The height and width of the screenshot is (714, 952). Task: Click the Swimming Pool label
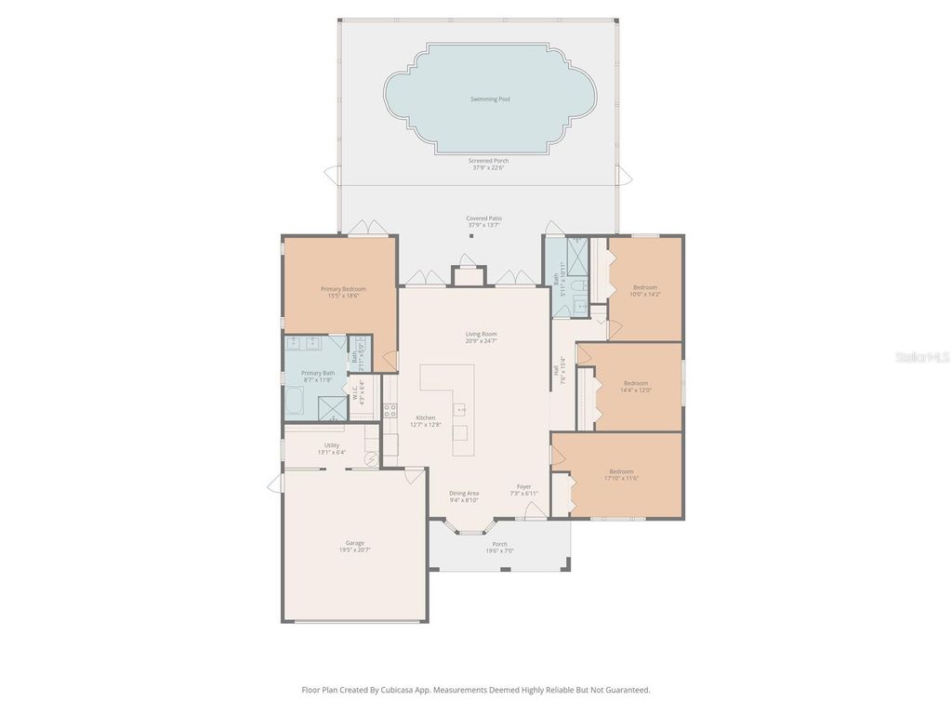click(x=489, y=99)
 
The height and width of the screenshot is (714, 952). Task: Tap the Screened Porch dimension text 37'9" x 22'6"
click(x=488, y=168)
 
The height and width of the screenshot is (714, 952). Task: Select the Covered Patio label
click(x=483, y=218)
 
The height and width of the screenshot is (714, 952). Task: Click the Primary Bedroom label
click(x=343, y=289)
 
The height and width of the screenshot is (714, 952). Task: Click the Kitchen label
click(x=425, y=417)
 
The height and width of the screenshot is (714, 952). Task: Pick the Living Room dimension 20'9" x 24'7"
click(x=482, y=341)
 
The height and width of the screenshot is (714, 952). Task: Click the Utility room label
click(x=332, y=445)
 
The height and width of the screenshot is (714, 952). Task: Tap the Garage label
click(x=354, y=543)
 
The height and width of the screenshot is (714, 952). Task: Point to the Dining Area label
click(x=464, y=493)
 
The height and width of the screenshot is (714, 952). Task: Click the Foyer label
click(x=523, y=486)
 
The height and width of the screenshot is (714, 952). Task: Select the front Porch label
click(x=499, y=544)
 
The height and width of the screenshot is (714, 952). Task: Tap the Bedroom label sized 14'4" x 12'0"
click(x=636, y=383)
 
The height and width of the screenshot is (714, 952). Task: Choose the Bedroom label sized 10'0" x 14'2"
click(x=645, y=287)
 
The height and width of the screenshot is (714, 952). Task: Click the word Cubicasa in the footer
click(x=399, y=690)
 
